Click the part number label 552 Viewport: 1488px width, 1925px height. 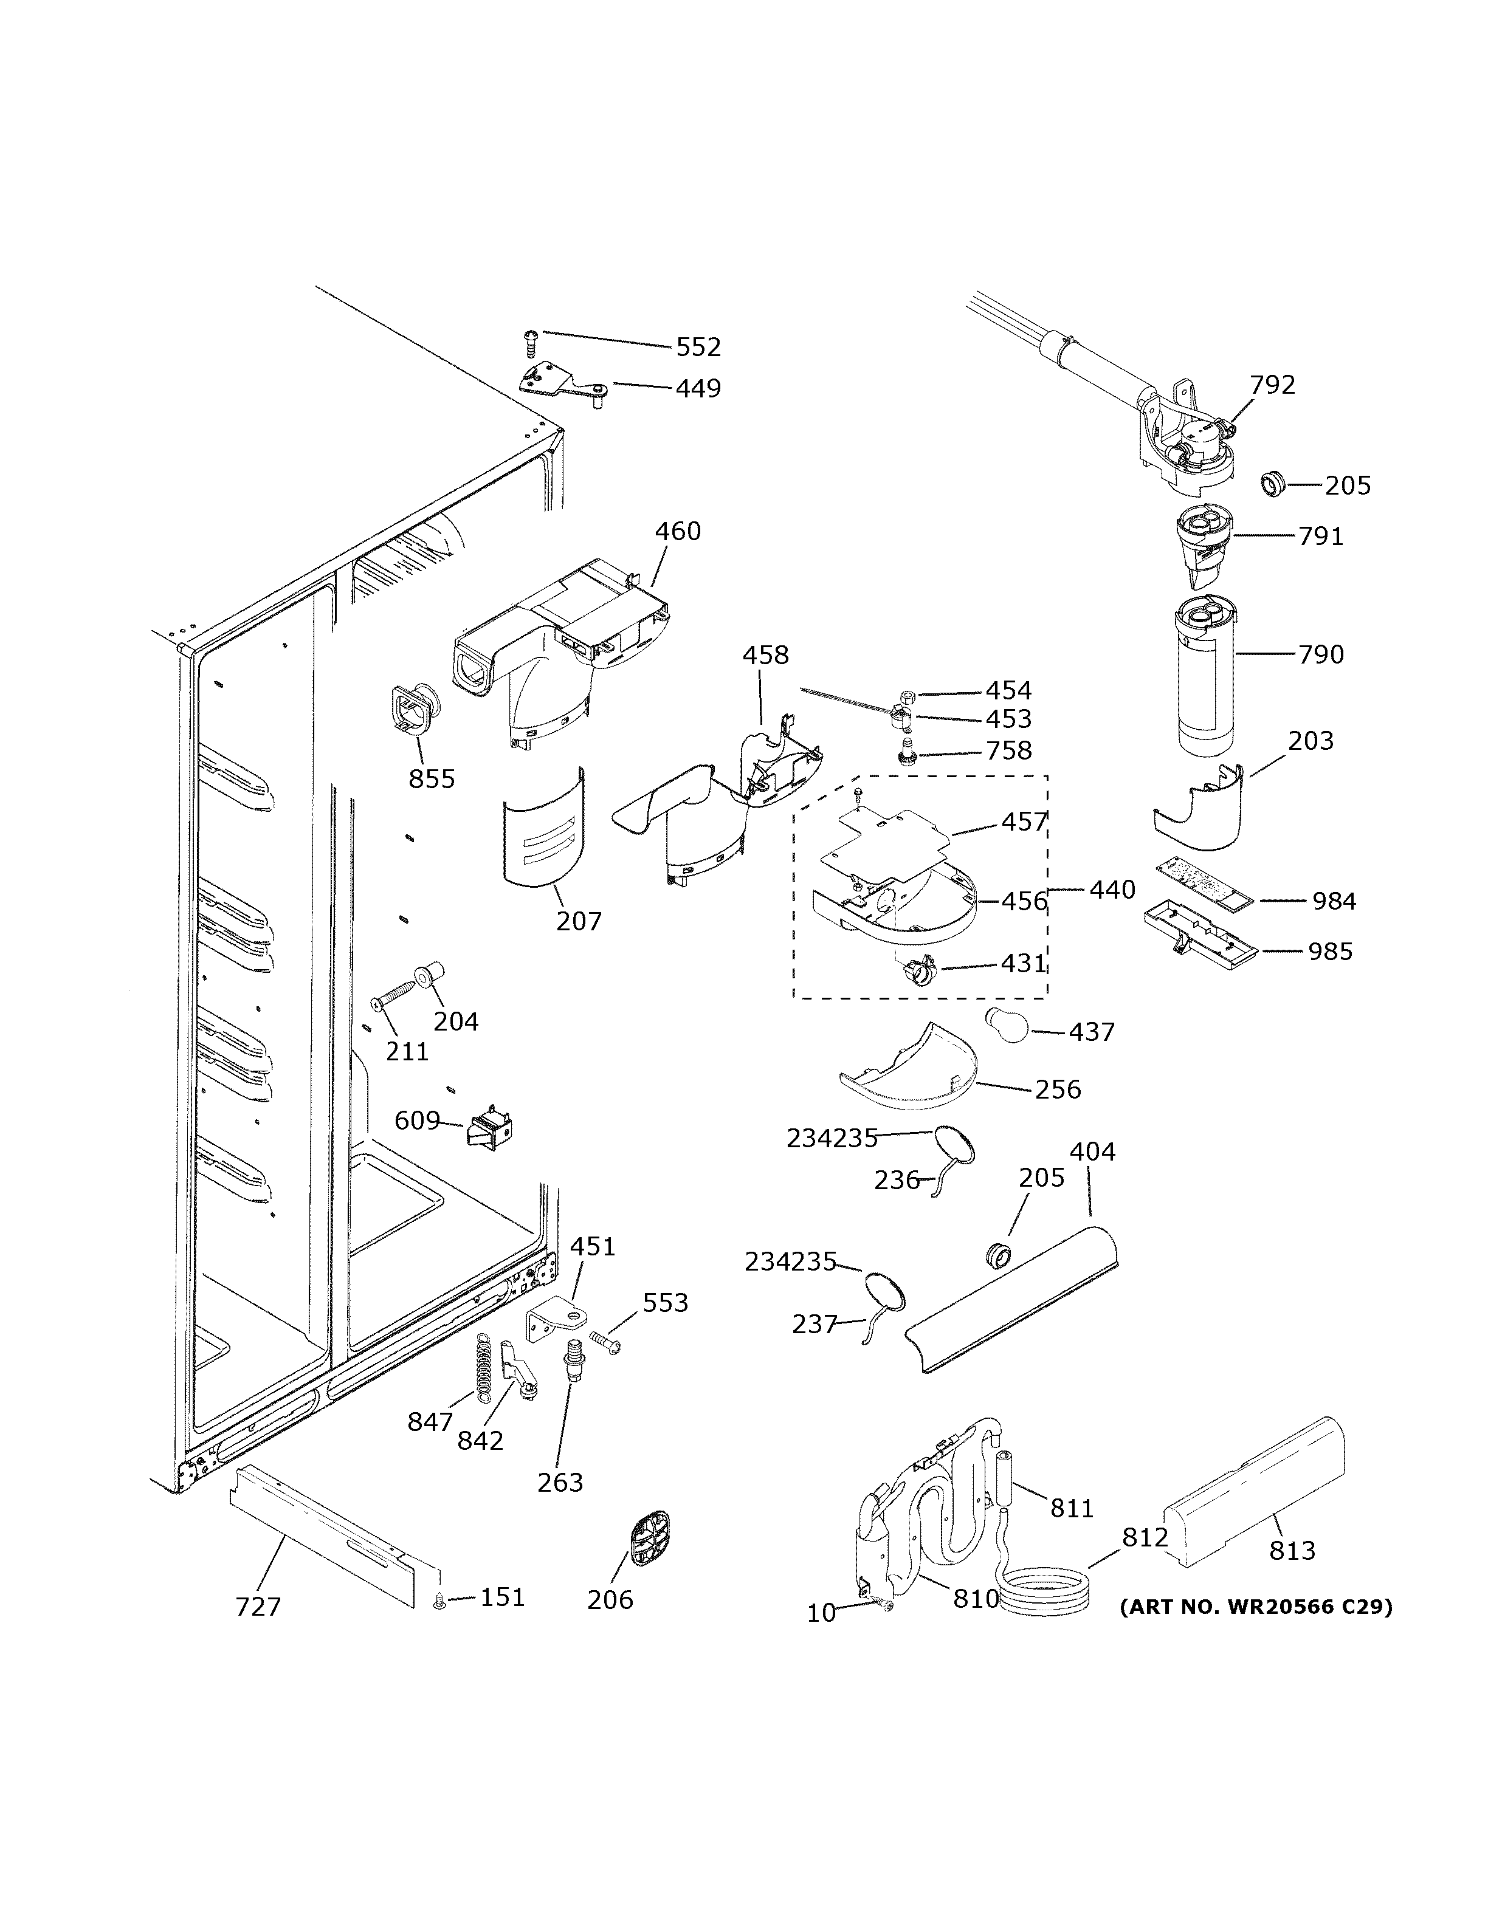(698, 348)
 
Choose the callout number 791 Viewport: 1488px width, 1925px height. (1320, 536)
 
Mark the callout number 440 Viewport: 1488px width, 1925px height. (1112, 890)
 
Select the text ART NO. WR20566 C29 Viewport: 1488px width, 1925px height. (1255, 1607)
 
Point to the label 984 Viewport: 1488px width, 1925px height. (1334, 901)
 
